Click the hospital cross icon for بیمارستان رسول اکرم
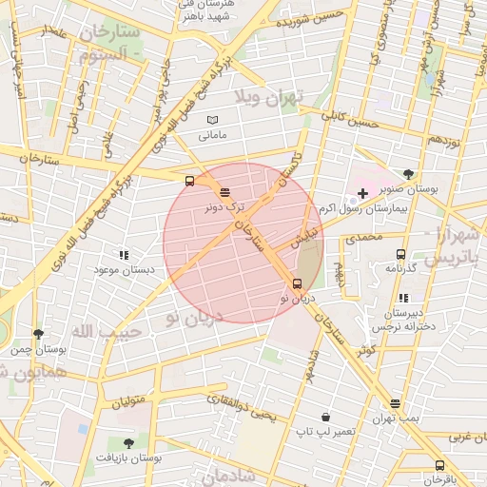coord(362,193)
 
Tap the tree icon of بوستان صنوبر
coord(408,174)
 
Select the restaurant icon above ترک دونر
coord(224,192)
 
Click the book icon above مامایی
coord(213,120)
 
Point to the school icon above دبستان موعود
coord(123,255)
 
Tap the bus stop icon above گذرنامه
coord(400,254)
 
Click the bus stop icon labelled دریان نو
coord(297,283)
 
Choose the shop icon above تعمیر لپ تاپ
coord(325,417)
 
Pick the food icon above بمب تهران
coord(395,403)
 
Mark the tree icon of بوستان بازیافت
coord(128,443)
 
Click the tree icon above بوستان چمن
coord(38,334)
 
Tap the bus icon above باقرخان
coord(439,465)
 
